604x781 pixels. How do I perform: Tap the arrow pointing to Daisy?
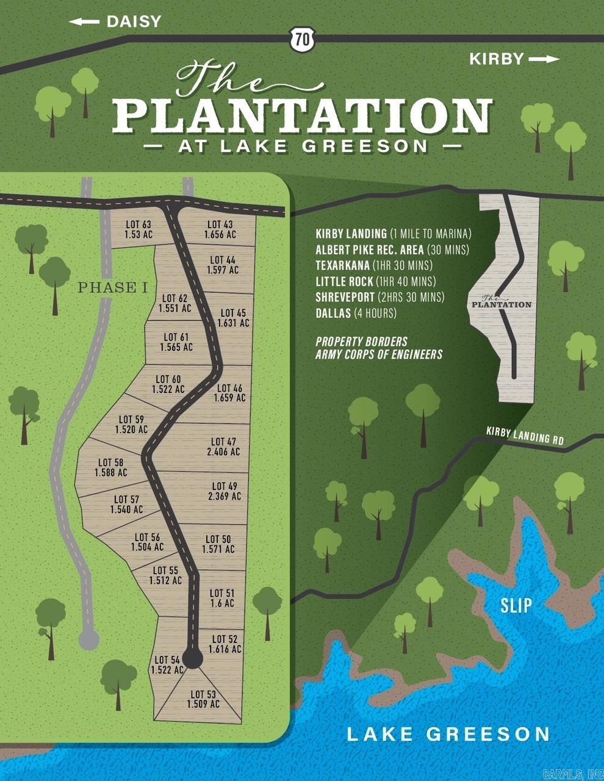click(x=84, y=22)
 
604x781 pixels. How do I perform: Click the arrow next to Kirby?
click(x=544, y=59)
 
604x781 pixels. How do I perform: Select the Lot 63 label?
click(x=137, y=225)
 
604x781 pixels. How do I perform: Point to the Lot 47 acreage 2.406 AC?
click(x=224, y=452)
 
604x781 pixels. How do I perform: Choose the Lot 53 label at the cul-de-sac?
click(x=203, y=694)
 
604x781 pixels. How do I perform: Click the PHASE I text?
click(x=113, y=288)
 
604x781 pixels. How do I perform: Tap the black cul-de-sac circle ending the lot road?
click(x=193, y=659)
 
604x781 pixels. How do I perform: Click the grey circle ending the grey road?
click(x=88, y=639)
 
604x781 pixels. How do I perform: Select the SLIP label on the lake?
click(x=516, y=605)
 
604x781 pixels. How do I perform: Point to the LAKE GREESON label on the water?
click(x=448, y=734)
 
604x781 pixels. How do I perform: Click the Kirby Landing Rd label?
click(x=524, y=436)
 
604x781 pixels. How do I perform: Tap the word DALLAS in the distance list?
click(x=333, y=313)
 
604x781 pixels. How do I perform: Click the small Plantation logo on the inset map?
click(x=501, y=301)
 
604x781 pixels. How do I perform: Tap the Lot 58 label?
click(x=110, y=462)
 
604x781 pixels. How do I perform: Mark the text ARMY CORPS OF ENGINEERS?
click(x=378, y=355)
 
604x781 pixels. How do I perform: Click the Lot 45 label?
click(x=234, y=313)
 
